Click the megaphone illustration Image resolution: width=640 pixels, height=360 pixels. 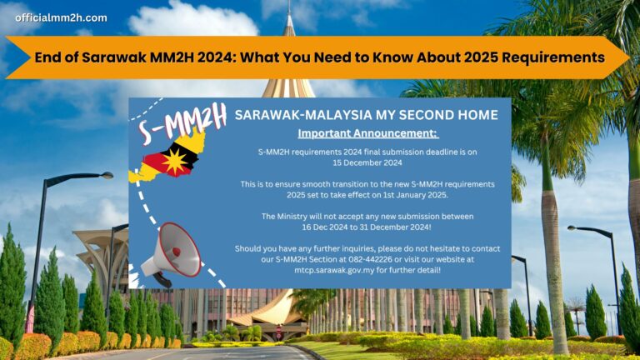[172, 251]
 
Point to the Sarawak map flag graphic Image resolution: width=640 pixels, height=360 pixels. [170, 157]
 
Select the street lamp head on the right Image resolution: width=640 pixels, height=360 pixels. [573, 227]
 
